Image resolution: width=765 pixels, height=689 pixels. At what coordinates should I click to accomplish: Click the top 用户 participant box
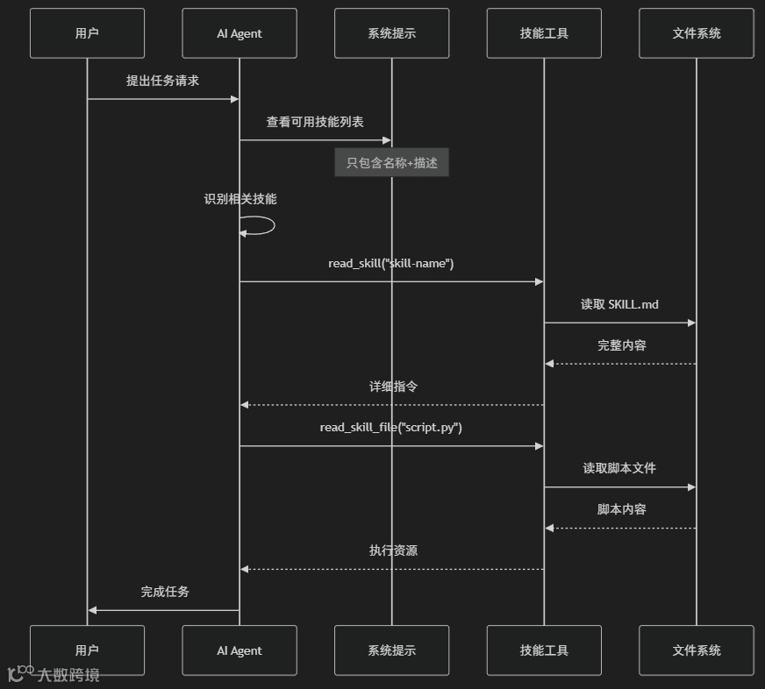point(87,33)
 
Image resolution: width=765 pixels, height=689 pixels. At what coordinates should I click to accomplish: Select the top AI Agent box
point(240,33)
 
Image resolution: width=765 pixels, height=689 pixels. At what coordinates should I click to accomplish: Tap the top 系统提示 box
point(391,33)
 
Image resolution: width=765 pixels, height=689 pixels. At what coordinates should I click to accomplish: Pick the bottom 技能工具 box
point(544,650)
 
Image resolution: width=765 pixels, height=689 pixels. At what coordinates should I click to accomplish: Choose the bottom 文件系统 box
point(697,650)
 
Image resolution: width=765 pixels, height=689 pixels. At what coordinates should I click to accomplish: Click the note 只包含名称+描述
point(391,163)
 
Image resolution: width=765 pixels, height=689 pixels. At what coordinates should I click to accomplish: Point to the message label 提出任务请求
point(162,81)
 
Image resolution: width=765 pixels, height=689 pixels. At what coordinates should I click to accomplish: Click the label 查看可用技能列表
point(315,122)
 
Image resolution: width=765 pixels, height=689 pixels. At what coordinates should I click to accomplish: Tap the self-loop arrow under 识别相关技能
point(260,225)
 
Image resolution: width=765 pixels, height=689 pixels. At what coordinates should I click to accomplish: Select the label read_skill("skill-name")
point(391,263)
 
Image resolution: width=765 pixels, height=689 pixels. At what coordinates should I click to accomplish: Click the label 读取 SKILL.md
point(619,304)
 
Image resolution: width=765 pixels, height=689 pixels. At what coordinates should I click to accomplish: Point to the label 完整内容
point(622,345)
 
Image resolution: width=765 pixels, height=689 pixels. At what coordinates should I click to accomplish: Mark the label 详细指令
point(393,386)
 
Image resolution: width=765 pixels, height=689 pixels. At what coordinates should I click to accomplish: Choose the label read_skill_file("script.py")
point(391,428)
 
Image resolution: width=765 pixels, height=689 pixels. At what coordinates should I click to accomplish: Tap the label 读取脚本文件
point(619,468)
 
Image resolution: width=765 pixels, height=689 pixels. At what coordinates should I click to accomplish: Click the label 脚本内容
point(622,509)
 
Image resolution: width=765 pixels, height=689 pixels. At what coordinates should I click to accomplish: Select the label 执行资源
point(393,550)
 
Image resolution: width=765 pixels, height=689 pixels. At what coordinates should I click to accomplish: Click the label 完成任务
point(165,592)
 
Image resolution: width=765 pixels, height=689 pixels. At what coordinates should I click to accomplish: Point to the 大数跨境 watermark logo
point(54,674)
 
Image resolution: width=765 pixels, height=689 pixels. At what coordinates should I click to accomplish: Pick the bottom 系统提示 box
point(391,650)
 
